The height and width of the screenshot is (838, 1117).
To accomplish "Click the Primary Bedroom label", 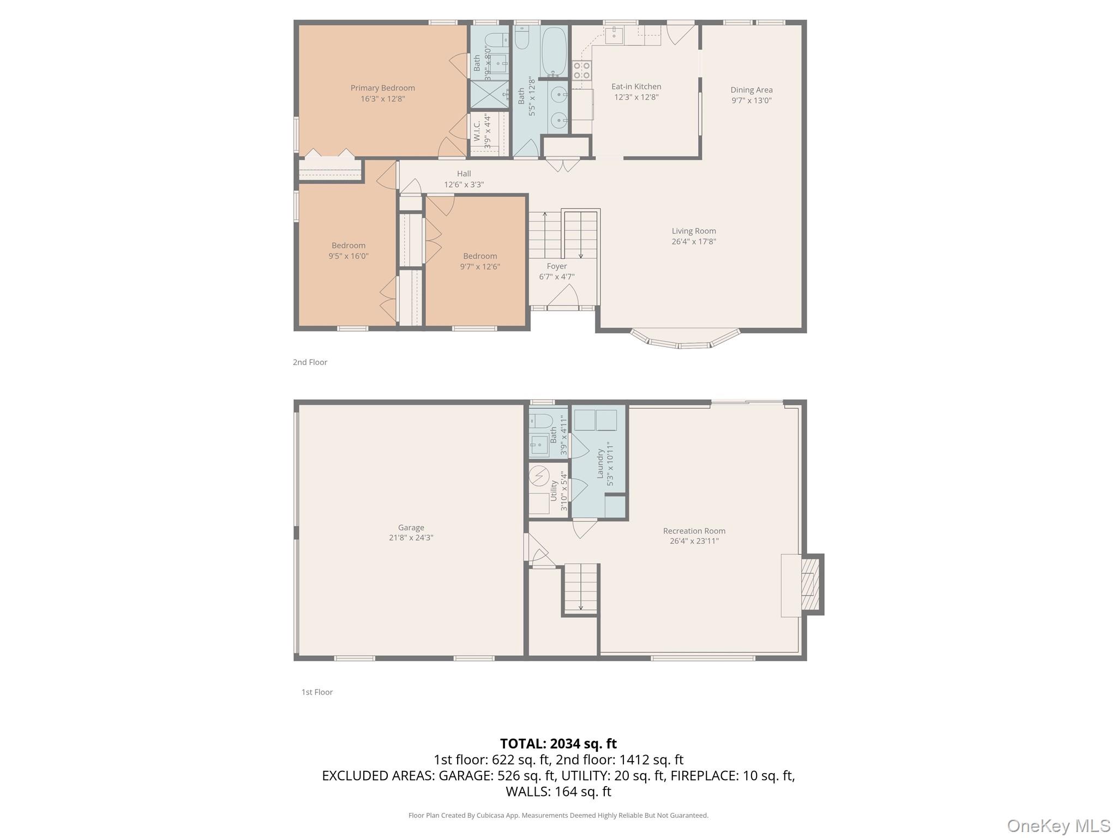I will [x=382, y=88].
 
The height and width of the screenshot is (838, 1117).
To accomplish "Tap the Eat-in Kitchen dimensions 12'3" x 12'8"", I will [x=636, y=98].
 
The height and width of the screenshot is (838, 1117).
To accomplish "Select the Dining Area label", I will [x=751, y=90].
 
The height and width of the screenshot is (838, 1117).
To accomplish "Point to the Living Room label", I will [x=693, y=231].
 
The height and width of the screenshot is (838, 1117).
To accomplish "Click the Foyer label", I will [x=556, y=266].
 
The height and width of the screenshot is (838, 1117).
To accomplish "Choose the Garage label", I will [x=411, y=528].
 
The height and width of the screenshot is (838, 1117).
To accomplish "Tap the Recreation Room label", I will [x=694, y=531].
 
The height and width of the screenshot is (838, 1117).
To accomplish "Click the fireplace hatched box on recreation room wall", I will [x=812, y=585].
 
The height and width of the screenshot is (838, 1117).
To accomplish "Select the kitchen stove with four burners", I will [x=581, y=70].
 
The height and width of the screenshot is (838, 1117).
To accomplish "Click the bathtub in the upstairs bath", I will [x=554, y=52].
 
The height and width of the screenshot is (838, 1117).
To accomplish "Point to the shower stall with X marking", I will [x=489, y=94].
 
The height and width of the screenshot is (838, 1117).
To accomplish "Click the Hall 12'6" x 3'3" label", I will [x=464, y=179].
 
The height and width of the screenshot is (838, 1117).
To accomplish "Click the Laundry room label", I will [x=600, y=464].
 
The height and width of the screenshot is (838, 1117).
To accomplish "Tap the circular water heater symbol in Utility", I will [x=539, y=476].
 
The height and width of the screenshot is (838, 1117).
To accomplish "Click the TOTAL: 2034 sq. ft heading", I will [x=558, y=744].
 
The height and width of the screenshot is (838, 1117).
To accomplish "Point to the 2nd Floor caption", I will [x=310, y=362].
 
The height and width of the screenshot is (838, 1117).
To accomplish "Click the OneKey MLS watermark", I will [x=1058, y=825].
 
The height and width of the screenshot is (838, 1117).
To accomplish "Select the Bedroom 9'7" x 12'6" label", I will [x=479, y=261].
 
